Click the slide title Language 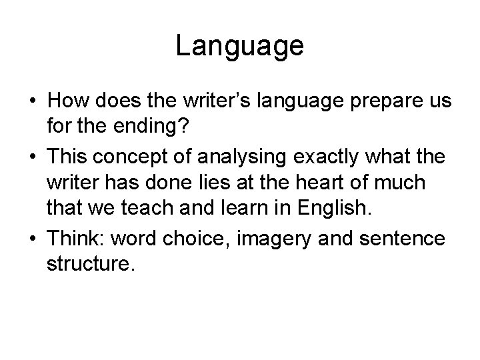240,46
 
